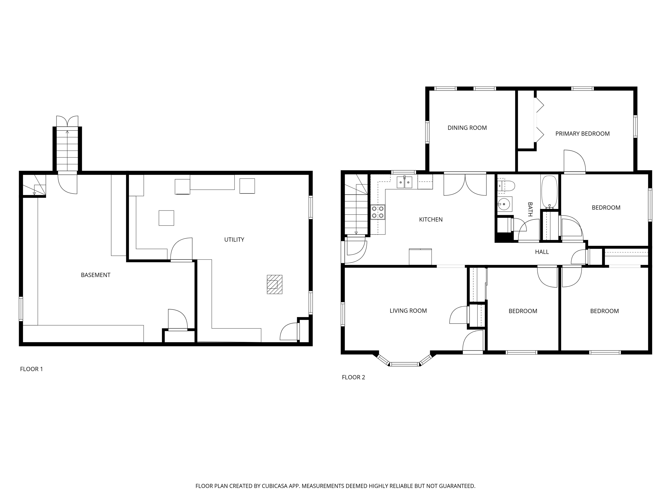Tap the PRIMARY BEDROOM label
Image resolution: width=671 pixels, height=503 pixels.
tap(582, 133)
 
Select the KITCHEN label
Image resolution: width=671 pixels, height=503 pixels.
tap(431, 219)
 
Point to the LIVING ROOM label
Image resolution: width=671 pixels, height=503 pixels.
tap(408, 310)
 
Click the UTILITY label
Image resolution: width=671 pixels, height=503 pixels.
tap(234, 239)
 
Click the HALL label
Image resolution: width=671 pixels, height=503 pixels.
tap(542, 252)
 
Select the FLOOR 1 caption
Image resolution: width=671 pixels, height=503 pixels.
tap(31, 369)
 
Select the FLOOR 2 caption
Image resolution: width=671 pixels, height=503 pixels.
tap(353, 377)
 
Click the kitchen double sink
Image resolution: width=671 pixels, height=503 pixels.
tap(404, 182)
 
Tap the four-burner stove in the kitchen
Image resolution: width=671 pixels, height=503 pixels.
tap(378, 212)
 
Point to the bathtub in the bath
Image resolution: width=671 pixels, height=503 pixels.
tap(549, 192)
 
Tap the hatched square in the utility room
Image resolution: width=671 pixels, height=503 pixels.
tap(274, 284)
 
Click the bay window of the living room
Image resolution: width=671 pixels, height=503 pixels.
tap(404, 363)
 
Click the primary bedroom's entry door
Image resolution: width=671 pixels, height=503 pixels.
tap(574, 162)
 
